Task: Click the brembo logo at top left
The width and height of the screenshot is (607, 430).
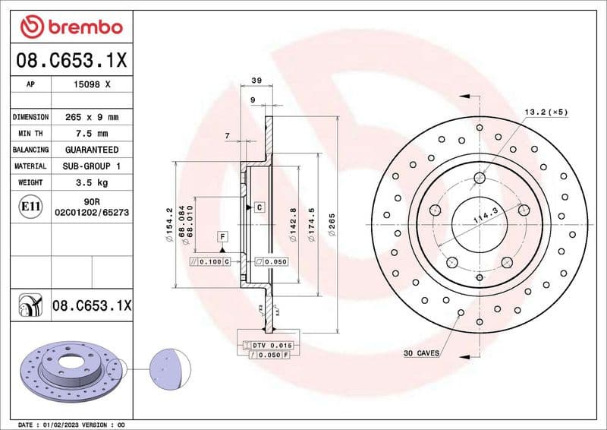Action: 71,27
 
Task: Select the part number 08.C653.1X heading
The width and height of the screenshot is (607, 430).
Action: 71,61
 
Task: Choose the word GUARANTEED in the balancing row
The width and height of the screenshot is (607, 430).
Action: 91,150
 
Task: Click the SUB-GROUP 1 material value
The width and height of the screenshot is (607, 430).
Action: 91,166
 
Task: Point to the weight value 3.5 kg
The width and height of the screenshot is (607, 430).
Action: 91,182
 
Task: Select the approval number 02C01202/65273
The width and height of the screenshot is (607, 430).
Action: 91,214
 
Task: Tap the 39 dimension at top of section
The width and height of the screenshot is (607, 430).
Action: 256,80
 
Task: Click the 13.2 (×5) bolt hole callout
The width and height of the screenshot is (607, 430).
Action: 546,112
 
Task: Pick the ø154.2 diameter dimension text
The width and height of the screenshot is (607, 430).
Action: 169,226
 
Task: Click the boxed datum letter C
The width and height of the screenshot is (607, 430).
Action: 259,207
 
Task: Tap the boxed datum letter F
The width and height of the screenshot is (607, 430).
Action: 223,236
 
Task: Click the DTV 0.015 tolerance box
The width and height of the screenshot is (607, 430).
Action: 271,346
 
